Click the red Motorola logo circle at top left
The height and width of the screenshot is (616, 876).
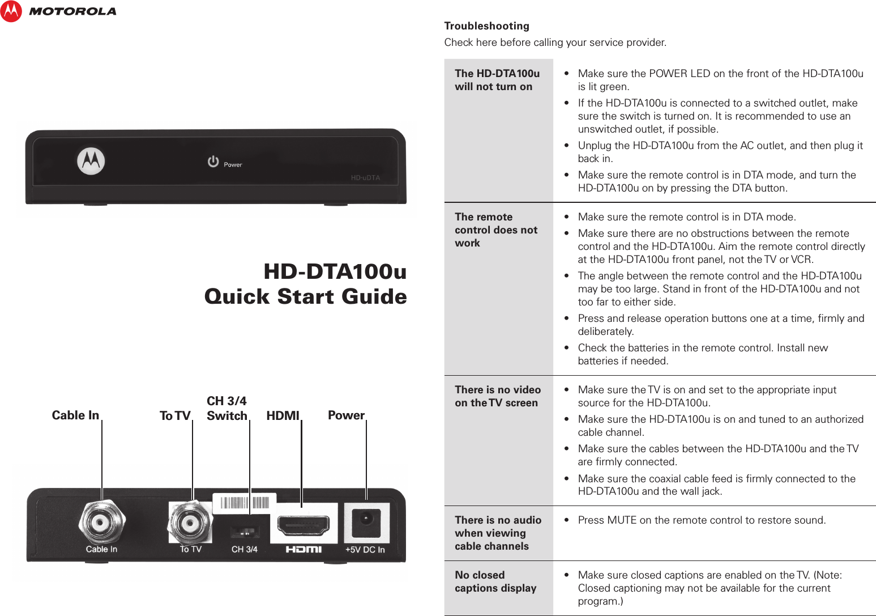point(11,11)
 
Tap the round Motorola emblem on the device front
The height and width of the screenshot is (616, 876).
point(91,161)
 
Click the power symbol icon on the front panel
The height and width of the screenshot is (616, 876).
point(213,162)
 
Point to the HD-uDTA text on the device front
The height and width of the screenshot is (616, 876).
point(365,178)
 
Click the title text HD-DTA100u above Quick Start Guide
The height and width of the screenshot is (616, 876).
point(335,271)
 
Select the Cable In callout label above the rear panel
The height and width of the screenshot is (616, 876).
point(75,415)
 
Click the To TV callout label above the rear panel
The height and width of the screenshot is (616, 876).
point(175,416)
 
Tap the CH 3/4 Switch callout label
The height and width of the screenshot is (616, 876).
point(227,409)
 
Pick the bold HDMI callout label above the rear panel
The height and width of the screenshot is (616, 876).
point(283,416)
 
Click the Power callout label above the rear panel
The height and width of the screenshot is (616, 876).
point(346,415)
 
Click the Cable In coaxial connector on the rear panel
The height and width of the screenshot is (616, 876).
point(101,522)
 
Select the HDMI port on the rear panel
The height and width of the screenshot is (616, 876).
point(303,526)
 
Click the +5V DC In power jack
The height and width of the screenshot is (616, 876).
point(366,521)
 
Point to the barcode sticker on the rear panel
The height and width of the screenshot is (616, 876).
point(244,503)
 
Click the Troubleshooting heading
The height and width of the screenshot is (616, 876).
point(486,26)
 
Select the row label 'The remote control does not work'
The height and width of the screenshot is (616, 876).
point(495,230)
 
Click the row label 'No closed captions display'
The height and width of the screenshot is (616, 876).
point(495,581)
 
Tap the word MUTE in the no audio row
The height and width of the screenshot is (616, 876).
point(621,520)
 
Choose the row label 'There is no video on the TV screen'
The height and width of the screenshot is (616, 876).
point(497,396)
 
